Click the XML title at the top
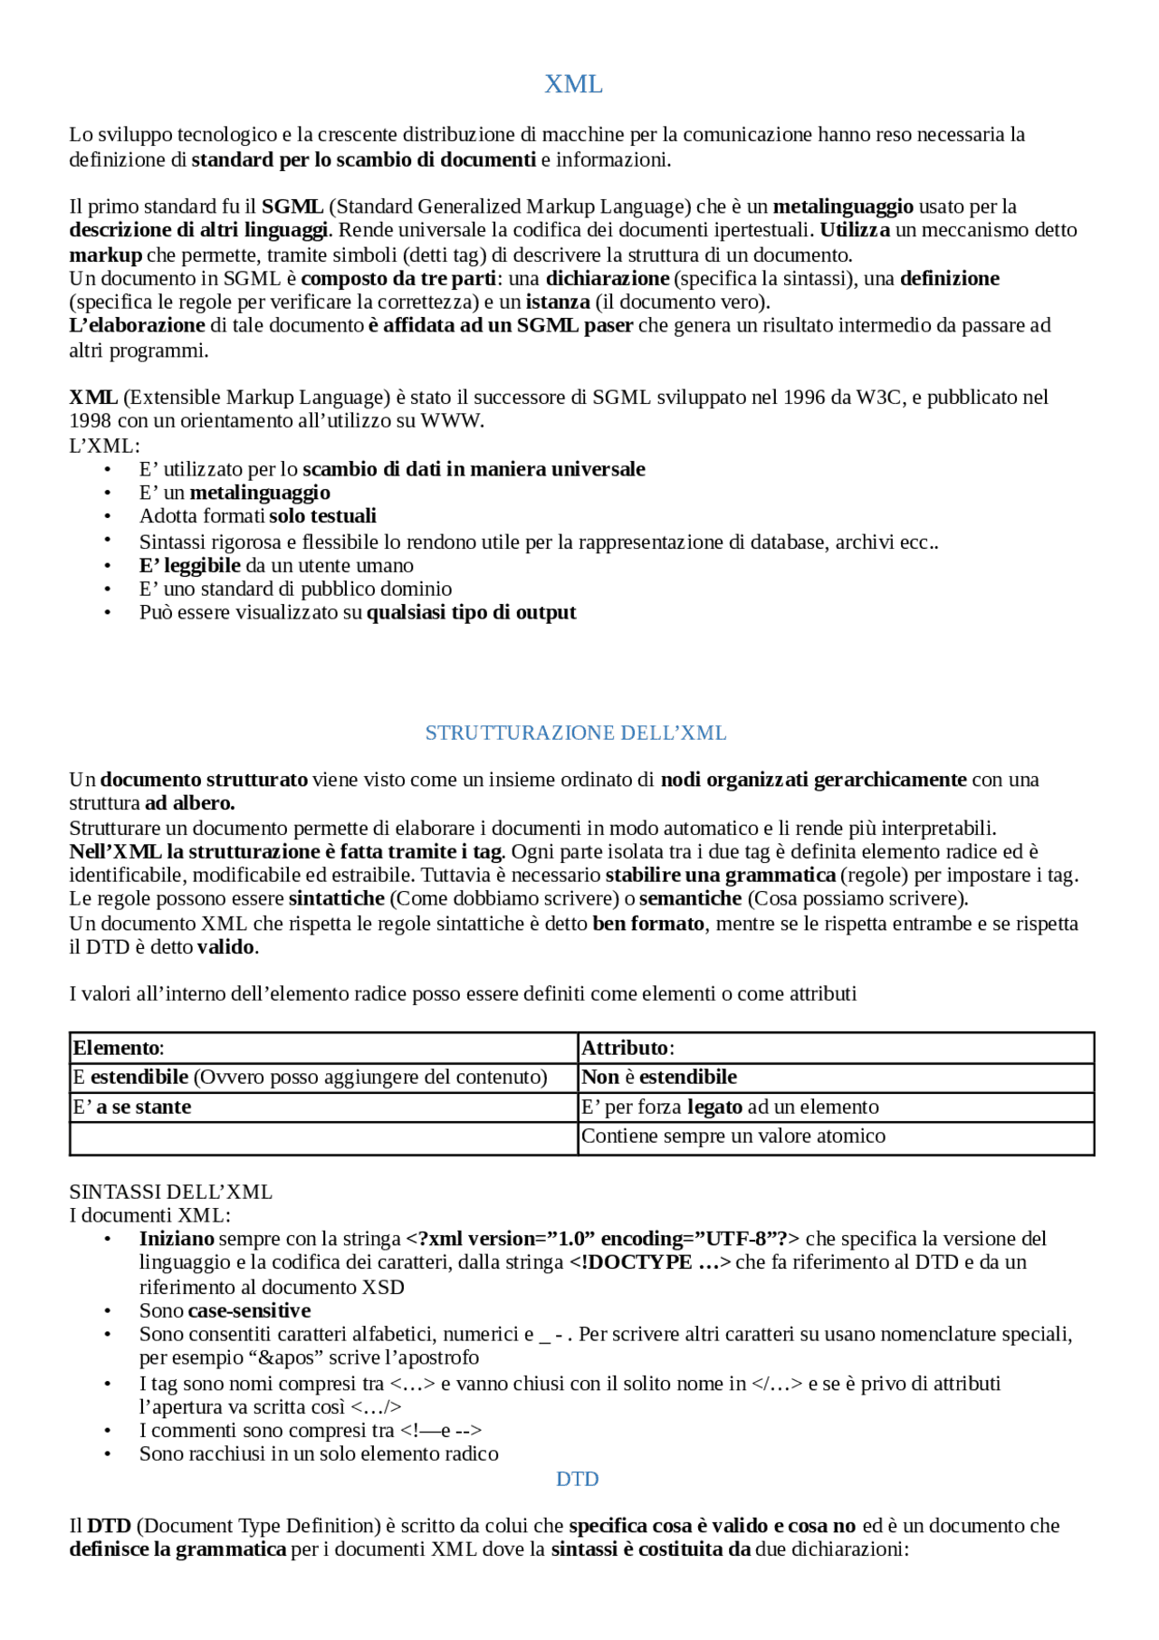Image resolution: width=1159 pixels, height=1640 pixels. (573, 84)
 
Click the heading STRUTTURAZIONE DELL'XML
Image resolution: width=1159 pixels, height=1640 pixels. (576, 733)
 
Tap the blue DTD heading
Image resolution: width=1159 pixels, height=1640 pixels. (577, 1479)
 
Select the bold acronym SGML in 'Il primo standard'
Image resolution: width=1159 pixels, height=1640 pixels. (292, 206)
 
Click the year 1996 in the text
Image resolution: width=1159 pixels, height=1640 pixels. (805, 398)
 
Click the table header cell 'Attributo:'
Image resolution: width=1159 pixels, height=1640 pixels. (627, 1049)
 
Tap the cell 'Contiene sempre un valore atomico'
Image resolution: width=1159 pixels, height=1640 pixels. (733, 1136)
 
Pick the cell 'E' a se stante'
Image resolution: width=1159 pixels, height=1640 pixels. (132, 1108)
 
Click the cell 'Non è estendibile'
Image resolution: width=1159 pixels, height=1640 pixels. (659, 1078)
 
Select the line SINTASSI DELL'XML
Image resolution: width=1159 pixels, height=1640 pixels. (170, 1193)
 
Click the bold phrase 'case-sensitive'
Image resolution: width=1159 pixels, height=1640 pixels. (249, 1311)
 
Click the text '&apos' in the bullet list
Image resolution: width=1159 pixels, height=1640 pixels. (284, 1358)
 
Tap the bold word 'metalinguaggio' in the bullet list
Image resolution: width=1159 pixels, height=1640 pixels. (260, 494)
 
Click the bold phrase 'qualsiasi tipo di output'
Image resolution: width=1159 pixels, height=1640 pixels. (471, 613)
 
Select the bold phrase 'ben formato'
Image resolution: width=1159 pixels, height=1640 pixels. (648, 924)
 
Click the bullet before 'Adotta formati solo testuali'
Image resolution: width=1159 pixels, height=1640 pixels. (108, 517)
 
